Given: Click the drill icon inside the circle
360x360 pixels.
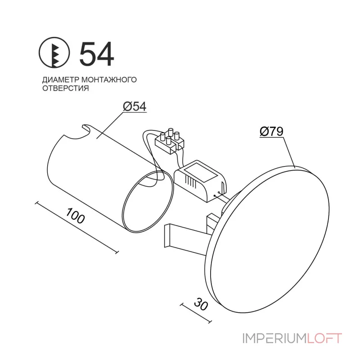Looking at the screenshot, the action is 54,52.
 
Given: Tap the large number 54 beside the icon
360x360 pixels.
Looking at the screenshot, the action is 97,54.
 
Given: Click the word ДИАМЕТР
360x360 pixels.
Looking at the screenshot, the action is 61,80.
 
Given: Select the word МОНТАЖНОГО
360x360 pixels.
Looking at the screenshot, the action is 109,80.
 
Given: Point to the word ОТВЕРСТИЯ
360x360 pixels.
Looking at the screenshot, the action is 66,88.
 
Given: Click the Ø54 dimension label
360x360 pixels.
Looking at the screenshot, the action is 135,107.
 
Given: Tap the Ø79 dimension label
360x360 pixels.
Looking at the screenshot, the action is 271,131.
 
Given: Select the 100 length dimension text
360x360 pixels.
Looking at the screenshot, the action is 75,216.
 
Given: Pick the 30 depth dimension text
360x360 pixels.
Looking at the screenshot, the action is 201,304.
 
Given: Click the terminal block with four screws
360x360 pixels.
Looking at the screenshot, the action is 170,141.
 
